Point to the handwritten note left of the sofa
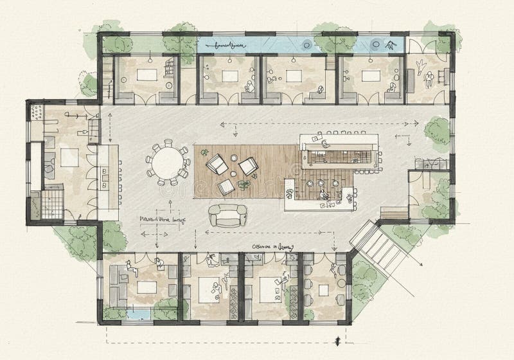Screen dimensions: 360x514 click(162, 219)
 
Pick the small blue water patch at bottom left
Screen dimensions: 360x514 click(136, 314)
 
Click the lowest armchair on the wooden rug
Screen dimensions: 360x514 click(226, 187)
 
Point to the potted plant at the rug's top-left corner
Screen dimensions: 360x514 click(204, 152)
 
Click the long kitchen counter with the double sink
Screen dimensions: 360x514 click(109, 181)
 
